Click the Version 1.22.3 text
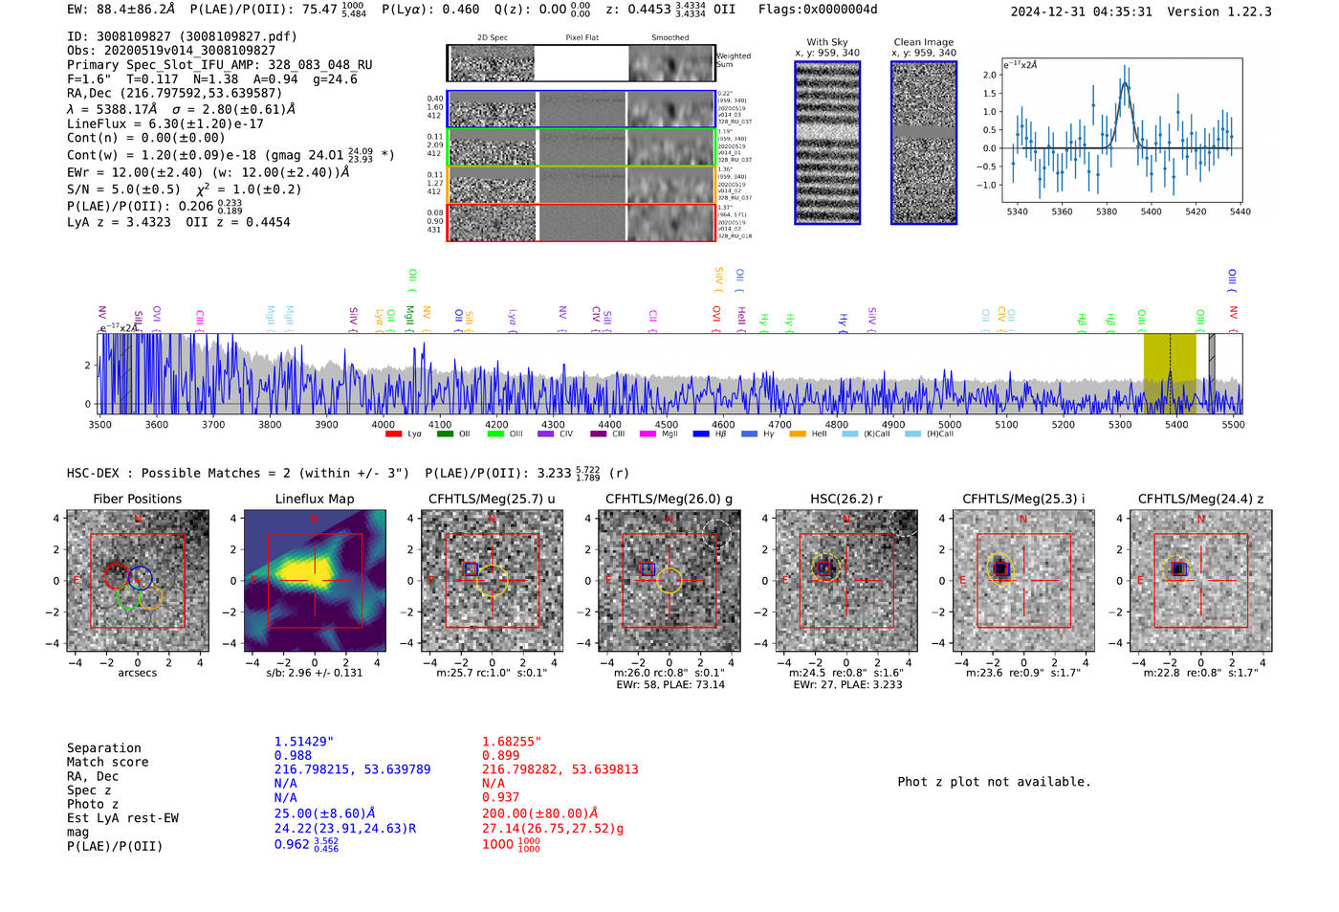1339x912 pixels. pyautogui.click(x=1233, y=11)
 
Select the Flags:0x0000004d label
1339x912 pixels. pyautogui.click(x=818, y=10)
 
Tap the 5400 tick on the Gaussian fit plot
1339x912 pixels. pyautogui.click(x=1151, y=211)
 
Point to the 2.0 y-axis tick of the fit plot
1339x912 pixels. pyautogui.click(x=990, y=75)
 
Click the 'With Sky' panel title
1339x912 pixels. pyautogui.click(x=826, y=42)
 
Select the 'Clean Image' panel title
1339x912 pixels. pyautogui.click(x=923, y=42)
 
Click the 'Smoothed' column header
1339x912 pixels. pyautogui.click(x=669, y=38)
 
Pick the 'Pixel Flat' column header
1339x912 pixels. pyautogui.click(x=582, y=38)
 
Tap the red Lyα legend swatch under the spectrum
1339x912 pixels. pyautogui.click(x=393, y=434)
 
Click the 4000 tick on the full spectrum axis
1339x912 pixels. pyautogui.click(x=383, y=425)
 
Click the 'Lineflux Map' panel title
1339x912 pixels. pyautogui.click(x=314, y=499)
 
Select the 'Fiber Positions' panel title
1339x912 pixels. pyautogui.click(x=137, y=499)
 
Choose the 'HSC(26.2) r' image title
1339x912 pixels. pyautogui.click(x=845, y=499)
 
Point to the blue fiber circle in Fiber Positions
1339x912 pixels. pyautogui.click(x=141, y=577)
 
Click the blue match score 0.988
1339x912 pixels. pyautogui.click(x=293, y=756)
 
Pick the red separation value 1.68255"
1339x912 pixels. pyautogui.click(x=512, y=742)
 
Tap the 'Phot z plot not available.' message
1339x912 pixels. pyautogui.click(x=994, y=782)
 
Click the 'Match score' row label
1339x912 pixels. pyautogui.click(x=107, y=763)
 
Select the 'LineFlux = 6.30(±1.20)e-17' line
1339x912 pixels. pyautogui.click(x=165, y=123)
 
